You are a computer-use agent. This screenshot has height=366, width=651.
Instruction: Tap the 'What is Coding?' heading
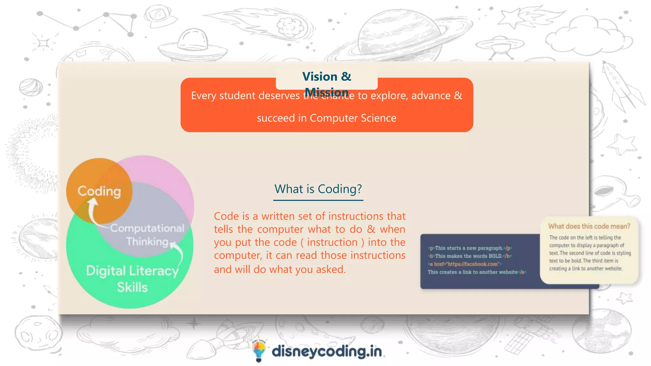point(318,189)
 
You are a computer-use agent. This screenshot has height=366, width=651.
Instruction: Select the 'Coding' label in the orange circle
point(99,191)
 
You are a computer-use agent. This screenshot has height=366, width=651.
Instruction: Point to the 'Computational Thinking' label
point(147,235)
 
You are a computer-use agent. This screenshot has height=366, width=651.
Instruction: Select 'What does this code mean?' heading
point(589,226)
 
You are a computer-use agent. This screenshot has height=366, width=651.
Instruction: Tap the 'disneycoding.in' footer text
point(327,351)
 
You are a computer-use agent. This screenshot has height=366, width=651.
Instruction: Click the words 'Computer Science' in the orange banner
point(353,118)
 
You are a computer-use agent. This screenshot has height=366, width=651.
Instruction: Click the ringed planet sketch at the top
point(399,35)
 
